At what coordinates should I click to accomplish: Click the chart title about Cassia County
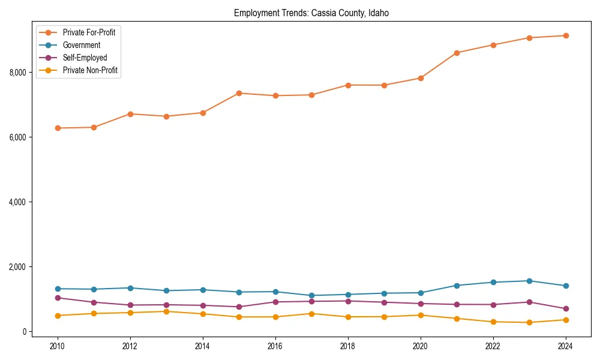(311, 13)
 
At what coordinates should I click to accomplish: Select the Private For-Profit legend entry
(89, 32)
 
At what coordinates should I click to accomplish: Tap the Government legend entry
(82, 45)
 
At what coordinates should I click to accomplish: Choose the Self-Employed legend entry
(85, 58)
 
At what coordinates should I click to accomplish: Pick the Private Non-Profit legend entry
(90, 70)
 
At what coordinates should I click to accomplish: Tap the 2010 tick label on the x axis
(58, 346)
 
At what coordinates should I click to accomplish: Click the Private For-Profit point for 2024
(565, 36)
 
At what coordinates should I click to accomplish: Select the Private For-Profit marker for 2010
(58, 128)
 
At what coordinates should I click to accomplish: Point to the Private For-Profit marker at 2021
(457, 53)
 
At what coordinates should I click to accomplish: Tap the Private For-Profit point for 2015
(239, 93)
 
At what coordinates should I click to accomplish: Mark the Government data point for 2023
(529, 281)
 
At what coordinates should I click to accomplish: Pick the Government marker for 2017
(311, 296)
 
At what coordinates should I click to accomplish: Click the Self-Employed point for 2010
(58, 298)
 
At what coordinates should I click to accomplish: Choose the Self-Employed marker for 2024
(565, 309)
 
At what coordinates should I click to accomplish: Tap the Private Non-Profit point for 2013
(166, 311)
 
